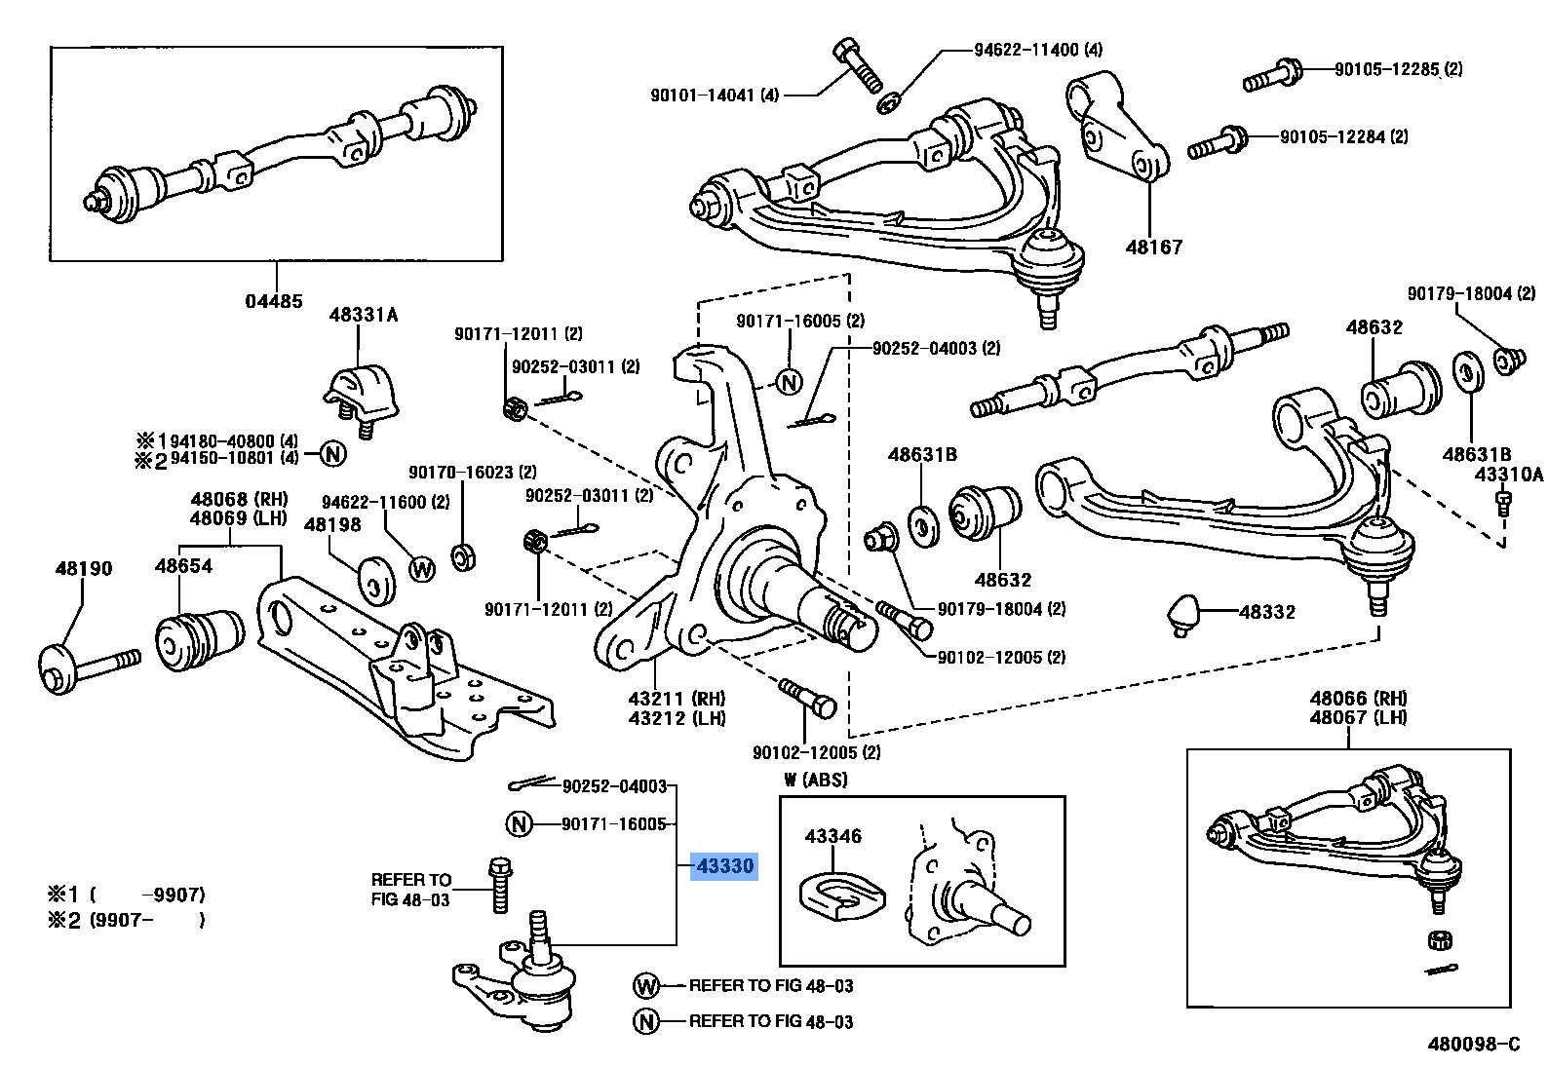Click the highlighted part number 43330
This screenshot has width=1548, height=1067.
click(x=723, y=865)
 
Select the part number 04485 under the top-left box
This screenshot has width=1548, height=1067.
click(x=273, y=301)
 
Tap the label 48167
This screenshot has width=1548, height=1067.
click(x=1153, y=248)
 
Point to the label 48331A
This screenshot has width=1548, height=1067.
click(x=364, y=315)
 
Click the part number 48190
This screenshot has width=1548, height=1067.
click(x=83, y=568)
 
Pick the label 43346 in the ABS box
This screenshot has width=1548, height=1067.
click(x=832, y=836)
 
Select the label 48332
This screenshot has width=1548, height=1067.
click(x=1267, y=612)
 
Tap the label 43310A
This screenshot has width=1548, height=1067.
click(x=1508, y=475)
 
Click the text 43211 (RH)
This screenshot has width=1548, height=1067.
click(x=690, y=699)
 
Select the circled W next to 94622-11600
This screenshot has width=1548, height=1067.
click(x=422, y=568)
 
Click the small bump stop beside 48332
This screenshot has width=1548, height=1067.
click(x=1182, y=614)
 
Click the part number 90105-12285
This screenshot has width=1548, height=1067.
click(x=1387, y=69)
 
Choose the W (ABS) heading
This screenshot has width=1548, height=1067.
click(x=815, y=780)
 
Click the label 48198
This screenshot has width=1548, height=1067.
click(x=332, y=524)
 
